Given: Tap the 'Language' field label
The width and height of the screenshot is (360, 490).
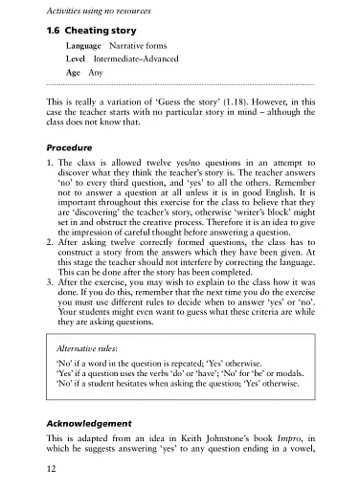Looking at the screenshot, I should point(84,46).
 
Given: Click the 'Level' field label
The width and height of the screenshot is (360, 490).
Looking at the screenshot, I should point(76,59).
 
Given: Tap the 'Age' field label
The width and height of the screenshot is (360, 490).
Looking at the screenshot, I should point(73,73).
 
